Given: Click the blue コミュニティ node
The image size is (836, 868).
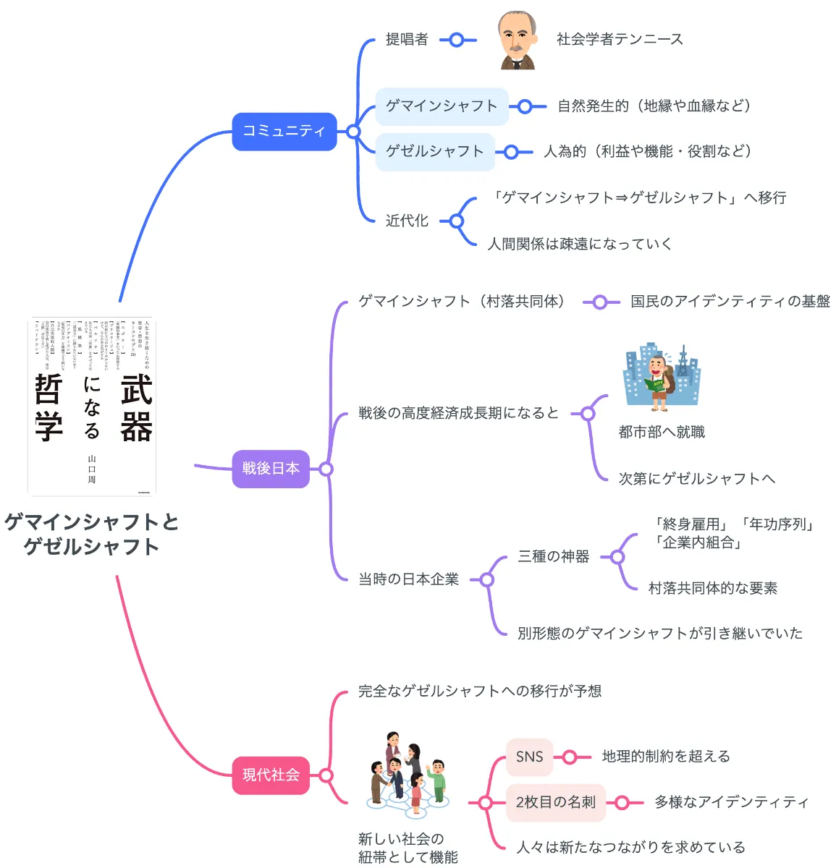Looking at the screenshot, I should pos(284,131).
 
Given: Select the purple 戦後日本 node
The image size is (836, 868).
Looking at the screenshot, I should pos(271,469).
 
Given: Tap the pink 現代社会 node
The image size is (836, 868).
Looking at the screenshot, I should pos(271,775).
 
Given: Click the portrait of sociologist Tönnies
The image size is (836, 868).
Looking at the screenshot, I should pos(517,41).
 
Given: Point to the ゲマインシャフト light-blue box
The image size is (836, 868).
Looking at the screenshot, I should pos(442,106).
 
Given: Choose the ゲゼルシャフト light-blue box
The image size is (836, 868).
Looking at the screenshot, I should pos(434,151).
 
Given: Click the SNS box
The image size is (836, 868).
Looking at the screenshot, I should pos(529,757).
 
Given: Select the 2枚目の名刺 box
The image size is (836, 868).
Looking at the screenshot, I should pos(555,802).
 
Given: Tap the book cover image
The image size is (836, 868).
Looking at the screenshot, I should pos(92,406).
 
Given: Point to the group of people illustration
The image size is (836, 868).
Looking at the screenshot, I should pos(408,774).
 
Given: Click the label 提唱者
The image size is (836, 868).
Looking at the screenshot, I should pos(407,40).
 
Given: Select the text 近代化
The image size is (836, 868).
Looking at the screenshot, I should pos(407,221).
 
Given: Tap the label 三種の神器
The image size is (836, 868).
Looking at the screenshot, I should pos(554,557).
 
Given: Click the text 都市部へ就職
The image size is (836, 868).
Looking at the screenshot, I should pos(662,433).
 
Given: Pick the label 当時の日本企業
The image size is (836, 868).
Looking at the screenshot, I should pos(409,579).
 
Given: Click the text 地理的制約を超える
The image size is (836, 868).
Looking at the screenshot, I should pos(666,757).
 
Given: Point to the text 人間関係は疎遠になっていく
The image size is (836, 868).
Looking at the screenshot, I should pos(580,244).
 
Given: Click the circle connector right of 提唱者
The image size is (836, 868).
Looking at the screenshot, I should pos(457,40).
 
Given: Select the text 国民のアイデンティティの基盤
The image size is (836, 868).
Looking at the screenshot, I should pos(730,302).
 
